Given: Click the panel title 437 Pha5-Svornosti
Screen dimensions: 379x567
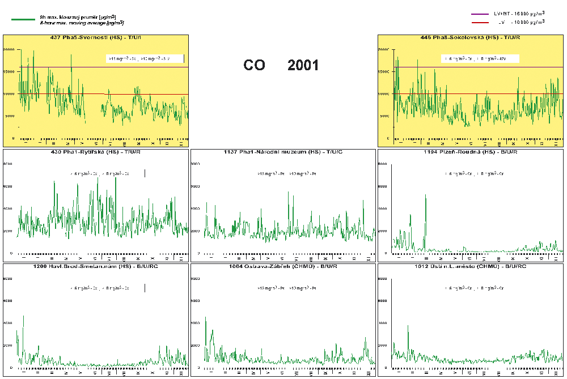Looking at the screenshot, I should [x=95, y=37].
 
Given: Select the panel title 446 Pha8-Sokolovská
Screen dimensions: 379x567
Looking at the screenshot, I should [x=471, y=37].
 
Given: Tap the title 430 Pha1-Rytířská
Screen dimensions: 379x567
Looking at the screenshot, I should [x=95, y=152].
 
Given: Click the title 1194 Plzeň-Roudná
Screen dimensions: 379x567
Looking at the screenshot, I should [x=471, y=152].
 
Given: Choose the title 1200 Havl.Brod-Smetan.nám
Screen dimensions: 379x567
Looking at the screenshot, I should [x=95, y=266].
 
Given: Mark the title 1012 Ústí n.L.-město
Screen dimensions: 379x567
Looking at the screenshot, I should [x=471, y=266].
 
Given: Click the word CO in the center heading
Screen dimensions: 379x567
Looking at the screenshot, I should [x=254, y=65].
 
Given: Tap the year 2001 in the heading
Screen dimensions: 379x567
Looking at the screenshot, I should [x=303, y=65].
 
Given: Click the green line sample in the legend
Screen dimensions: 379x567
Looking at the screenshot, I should [x=23, y=19].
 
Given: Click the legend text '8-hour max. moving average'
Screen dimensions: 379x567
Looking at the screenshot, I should [x=82, y=23].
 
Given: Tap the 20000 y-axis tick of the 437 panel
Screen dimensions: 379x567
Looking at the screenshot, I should [x=9, y=49].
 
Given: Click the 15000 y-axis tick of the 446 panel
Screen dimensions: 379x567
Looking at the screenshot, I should [x=384, y=71].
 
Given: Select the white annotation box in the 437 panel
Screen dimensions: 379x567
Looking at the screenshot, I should [x=145, y=58].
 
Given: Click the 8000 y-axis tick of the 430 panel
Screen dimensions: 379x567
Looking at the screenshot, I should [x=8, y=164].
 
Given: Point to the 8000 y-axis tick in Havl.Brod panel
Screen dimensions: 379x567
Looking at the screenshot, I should [x=8, y=279].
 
